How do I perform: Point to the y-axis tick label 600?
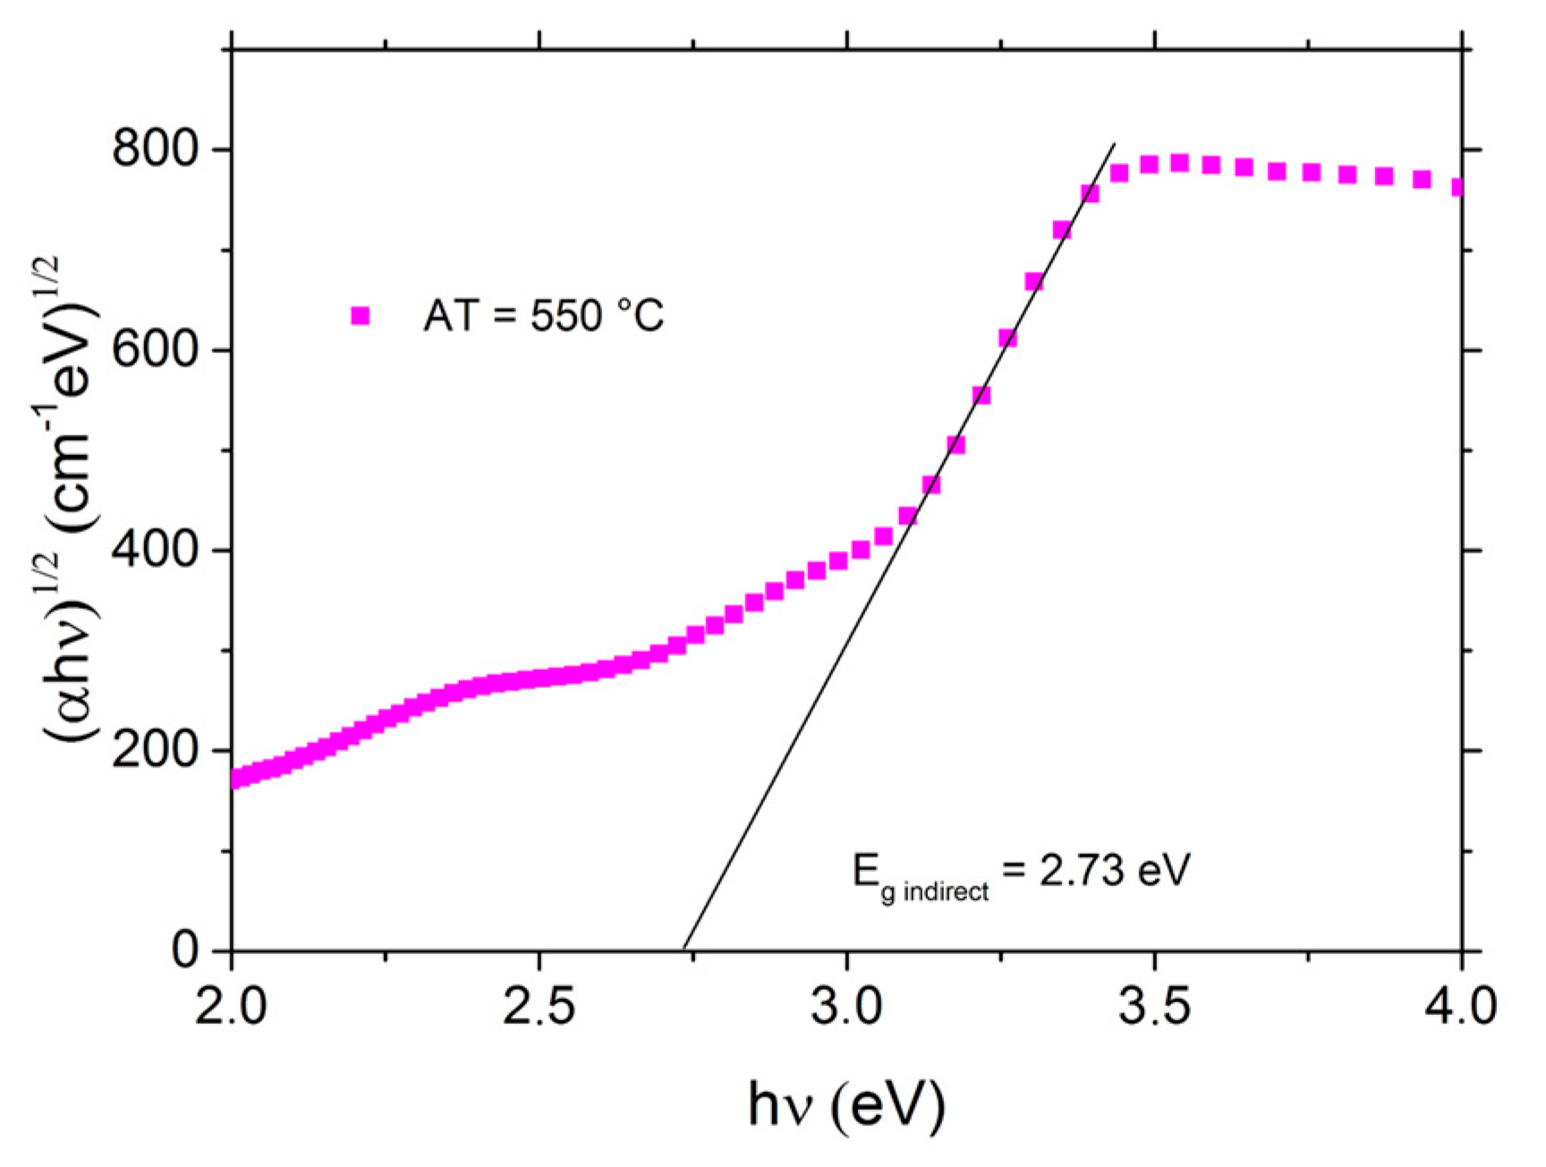[155, 349]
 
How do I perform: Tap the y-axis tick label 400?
[155, 549]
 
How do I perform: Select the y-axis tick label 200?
[155, 749]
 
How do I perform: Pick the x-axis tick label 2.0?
[232, 1005]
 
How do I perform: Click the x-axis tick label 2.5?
[539, 1005]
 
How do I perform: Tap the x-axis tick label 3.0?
[846, 1005]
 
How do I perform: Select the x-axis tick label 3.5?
[1154, 1005]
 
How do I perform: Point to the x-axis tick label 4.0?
[1460, 1005]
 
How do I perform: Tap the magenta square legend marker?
[361, 316]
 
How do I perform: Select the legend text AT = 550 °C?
[543, 316]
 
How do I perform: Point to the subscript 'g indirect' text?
[934, 892]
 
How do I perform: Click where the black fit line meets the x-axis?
[684, 949]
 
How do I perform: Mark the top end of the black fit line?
[1114, 143]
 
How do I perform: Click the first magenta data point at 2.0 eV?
[237, 778]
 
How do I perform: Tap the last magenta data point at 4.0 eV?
[1457, 187]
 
